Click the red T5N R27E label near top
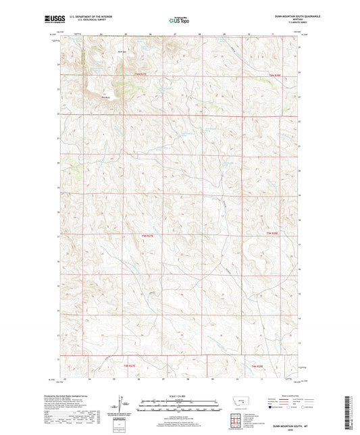pyautogui.click(x=139, y=74)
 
